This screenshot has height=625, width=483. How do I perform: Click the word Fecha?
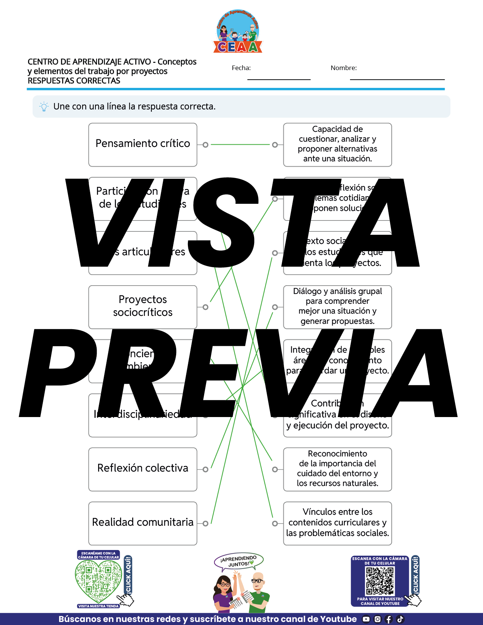tap(241, 68)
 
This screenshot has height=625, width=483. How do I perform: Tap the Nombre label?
tap(344, 68)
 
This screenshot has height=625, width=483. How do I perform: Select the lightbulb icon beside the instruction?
tap(44, 106)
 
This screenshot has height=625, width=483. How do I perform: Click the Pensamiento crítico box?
tap(143, 145)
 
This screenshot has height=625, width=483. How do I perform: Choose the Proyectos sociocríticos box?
tap(143, 307)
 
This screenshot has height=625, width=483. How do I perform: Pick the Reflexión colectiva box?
tap(143, 469)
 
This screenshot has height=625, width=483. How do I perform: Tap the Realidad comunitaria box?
tap(143, 523)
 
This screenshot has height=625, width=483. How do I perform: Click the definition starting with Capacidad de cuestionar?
tap(337, 145)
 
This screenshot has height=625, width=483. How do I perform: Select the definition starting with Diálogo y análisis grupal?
tap(337, 307)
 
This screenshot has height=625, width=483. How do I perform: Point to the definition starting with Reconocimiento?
tap(337, 469)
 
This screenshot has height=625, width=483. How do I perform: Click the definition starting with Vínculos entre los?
tap(337, 523)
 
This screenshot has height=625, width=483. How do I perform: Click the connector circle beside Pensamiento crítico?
tap(205, 145)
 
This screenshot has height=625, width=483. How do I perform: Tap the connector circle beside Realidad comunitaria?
tap(205, 523)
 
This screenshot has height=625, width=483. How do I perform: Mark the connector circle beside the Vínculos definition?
tap(275, 523)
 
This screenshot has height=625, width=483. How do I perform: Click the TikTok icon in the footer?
tap(400, 619)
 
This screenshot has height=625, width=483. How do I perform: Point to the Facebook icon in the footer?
tap(389, 619)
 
